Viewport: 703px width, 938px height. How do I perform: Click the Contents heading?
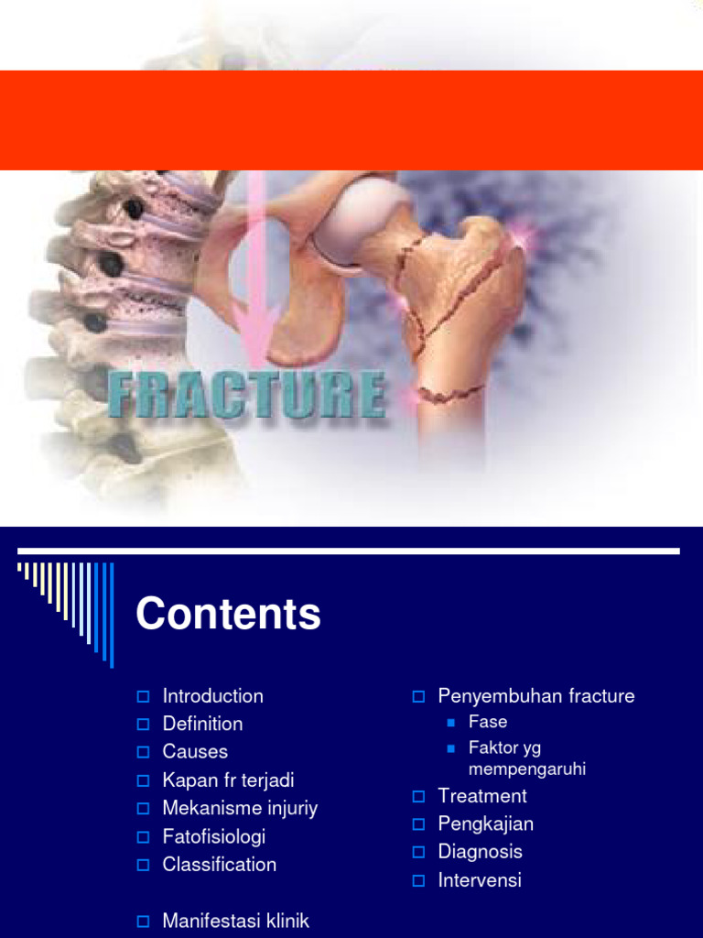(228, 614)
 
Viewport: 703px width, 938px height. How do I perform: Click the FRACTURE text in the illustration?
(246, 396)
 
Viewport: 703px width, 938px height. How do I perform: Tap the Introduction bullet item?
(212, 696)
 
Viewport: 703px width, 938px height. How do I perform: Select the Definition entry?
(202, 724)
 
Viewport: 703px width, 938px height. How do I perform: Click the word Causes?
(195, 752)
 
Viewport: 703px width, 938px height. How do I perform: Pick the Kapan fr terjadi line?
(228, 780)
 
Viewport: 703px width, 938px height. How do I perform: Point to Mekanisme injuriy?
(240, 809)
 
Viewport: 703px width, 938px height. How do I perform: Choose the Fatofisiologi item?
(213, 836)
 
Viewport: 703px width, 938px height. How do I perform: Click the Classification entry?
(219, 865)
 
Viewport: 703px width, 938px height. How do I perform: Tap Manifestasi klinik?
(235, 921)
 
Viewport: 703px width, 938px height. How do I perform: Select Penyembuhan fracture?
(535, 696)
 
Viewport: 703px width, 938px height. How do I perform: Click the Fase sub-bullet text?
(487, 722)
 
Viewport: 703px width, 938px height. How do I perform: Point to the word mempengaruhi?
(526, 769)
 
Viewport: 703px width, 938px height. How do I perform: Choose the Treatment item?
(482, 796)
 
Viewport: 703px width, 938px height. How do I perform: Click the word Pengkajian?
(485, 823)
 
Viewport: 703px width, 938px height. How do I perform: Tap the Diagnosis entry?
(480, 852)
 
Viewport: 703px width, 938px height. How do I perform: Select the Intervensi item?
(480, 880)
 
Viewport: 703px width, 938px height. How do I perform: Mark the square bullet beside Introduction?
(143, 697)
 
